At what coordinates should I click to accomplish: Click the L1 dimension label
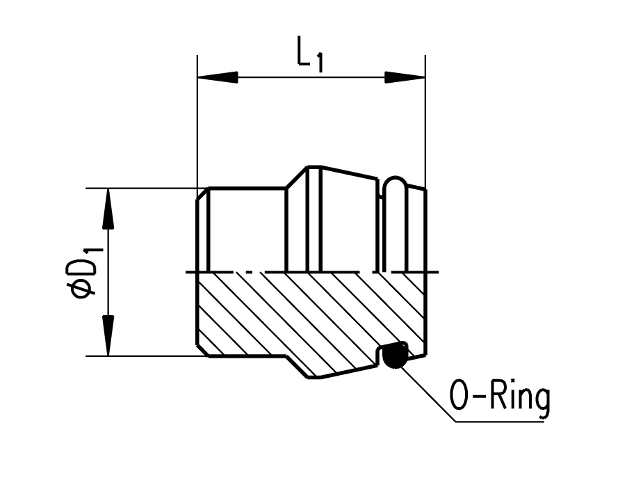tap(309, 56)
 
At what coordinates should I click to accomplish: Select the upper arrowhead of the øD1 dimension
tap(108, 209)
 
